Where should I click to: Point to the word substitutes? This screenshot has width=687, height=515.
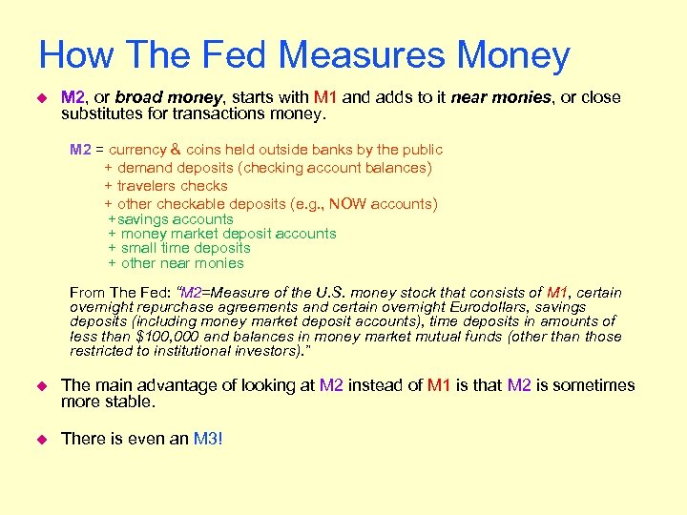[x=102, y=114]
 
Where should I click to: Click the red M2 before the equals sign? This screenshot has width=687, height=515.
[x=79, y=150]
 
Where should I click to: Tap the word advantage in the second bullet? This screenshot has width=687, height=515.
[x=175, y=385]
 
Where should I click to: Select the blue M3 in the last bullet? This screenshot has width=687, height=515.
[x=205, y=439]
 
